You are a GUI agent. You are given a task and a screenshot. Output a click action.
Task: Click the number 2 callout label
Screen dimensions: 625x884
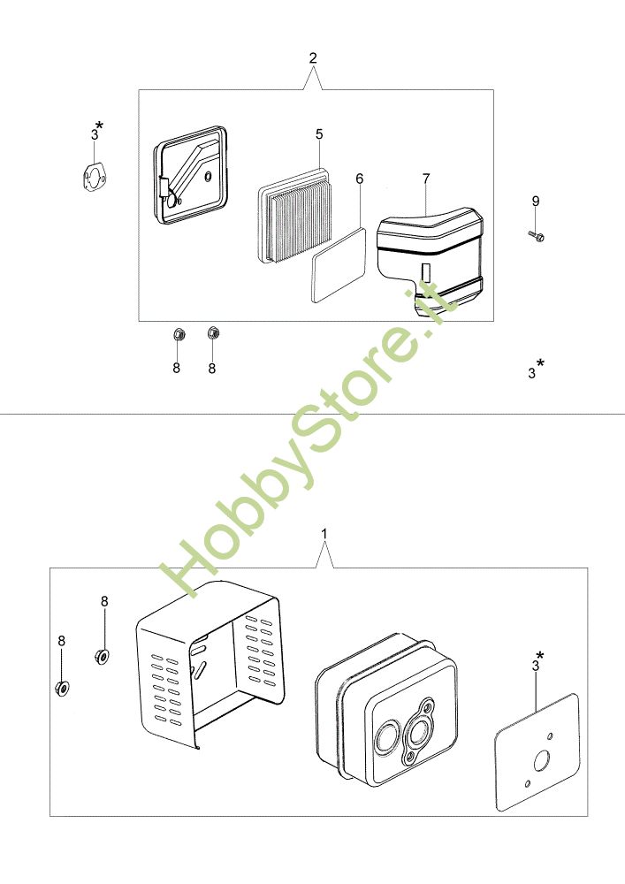click(313, 57)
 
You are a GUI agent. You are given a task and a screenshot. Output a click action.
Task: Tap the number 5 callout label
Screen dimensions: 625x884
click(319, 134)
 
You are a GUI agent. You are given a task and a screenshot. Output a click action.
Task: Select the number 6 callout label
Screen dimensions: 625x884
click(360, 179)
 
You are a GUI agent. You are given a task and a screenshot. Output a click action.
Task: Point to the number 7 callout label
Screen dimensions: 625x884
click(426, 179)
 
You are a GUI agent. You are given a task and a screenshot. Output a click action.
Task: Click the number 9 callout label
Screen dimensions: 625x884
click(536, 201)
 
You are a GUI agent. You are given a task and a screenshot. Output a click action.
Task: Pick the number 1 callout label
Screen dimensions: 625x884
click(324, 533)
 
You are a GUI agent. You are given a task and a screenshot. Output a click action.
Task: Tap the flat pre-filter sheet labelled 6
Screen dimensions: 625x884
click(339, 263)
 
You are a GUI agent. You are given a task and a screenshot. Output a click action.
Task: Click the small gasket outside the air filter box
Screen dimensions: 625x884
click(91, 177)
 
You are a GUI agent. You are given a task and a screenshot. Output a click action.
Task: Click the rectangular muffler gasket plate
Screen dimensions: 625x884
click(537, 752)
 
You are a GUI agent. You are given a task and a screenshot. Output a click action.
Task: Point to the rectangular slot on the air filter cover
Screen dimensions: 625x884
click(426, 271)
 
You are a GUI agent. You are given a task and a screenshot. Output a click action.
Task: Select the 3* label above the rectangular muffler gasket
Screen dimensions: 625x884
click(538, 661)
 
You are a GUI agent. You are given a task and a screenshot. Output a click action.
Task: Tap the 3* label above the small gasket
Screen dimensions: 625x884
click(97, 131)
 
